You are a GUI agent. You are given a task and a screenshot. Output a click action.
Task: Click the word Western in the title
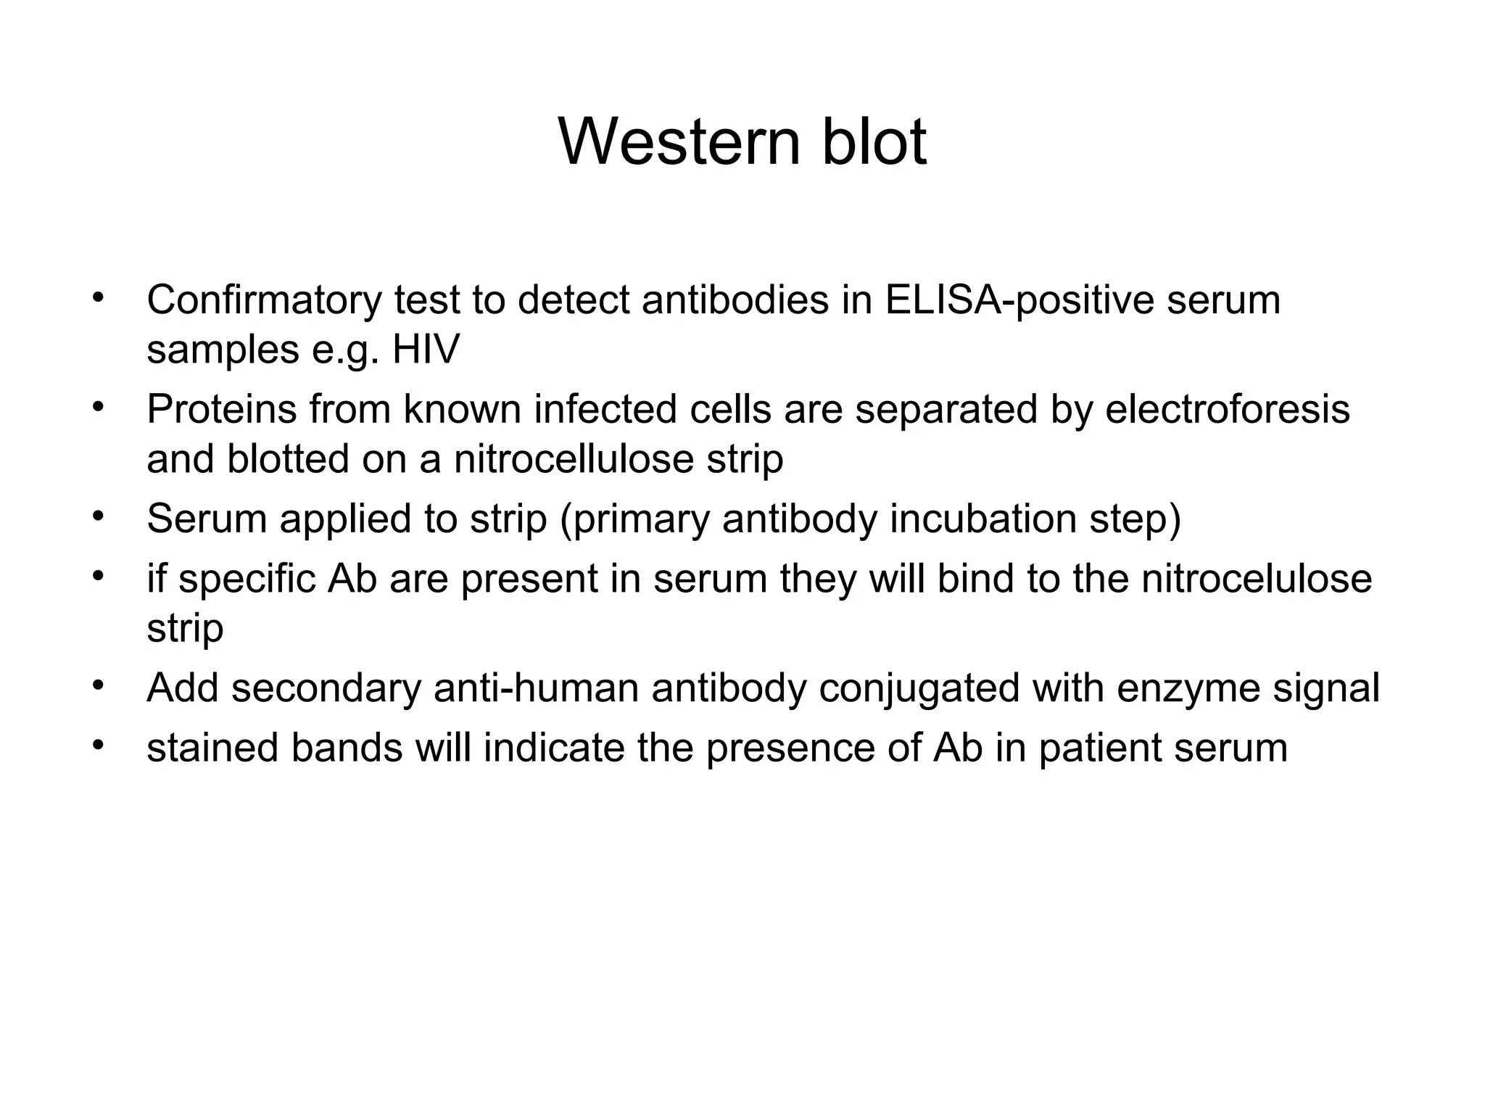click(679, 141)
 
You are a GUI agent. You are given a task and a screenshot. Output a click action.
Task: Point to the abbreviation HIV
click(426, 350)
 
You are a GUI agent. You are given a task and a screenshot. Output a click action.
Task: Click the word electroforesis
click(1227, 410)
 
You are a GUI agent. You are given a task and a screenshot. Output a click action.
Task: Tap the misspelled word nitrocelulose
click(1257, 579)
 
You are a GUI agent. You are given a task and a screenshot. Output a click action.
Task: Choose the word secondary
click(326, 688)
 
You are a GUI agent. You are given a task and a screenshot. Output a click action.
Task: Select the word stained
click(212, 748)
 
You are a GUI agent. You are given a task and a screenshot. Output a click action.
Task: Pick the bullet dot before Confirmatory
click(99, 297)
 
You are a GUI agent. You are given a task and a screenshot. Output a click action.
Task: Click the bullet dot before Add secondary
click(99, 684)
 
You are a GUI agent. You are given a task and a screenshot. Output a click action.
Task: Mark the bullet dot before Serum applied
click(99, 516)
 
